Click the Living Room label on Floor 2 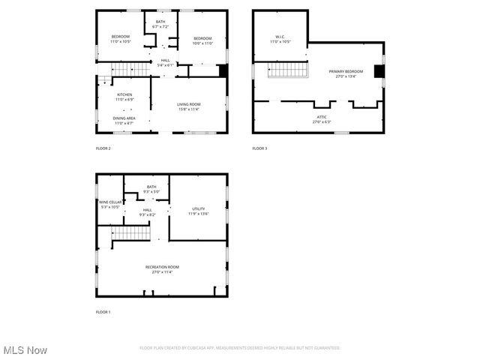tap(189, 106)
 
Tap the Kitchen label tap(124, 97)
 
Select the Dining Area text tap(124, 120)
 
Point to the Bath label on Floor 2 tap(160, 24)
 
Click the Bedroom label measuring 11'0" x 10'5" tap(121, 39)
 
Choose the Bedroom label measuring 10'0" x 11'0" tap(203, 40)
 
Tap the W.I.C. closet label tap(280, 39)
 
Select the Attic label tap(320, 119)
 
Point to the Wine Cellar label tap(109, 204)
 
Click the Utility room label tap(198, 211)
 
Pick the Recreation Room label tap(162, 269)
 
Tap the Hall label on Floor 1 tap(147, 212)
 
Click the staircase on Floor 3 tap(287, 70)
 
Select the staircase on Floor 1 tap(131, 233)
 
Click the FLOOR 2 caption tap(103, 148)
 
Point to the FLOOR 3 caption tap(259, 148)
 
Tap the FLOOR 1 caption tap(103, 311)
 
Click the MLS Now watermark tap(25, 350)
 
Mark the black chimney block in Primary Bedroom tap(379, 72)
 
